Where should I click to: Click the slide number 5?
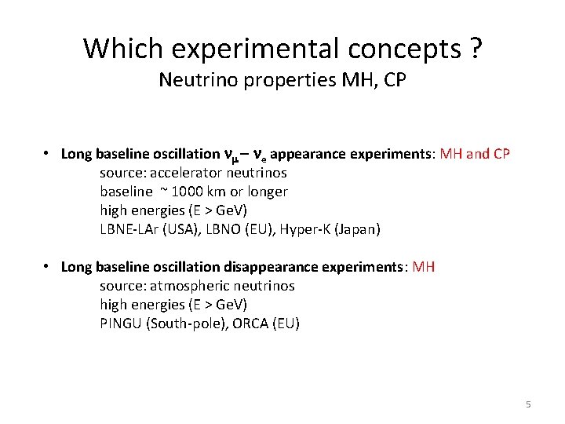pyautogui.click(x=528, y=404)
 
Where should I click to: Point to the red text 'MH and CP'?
pyautogui.click(x=476, y=154)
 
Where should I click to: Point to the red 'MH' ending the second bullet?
pyautogui.click(x=424, y=267)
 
